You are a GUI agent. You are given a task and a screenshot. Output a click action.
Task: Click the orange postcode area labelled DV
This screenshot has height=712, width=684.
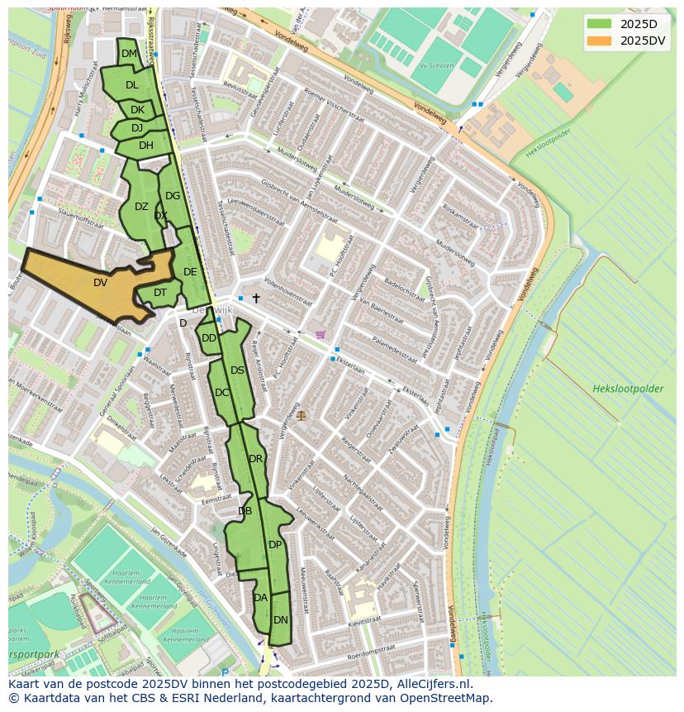pyautogui.click(x=100, y=283)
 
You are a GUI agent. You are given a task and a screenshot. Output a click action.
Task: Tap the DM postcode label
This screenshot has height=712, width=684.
pyautogui.click(x=129, y=54)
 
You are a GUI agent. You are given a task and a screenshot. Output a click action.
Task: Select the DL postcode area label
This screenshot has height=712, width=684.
pyautogui.click(x=132, y=84)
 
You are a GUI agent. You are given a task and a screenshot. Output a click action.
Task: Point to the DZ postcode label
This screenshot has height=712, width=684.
pyautogui.click(x=141, y=207)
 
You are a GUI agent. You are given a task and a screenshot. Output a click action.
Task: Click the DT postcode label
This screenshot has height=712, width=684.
pyautogui.click(x=160, y=292)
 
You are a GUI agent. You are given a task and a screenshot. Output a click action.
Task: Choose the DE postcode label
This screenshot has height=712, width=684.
pyautogui.click(x=190, y=271)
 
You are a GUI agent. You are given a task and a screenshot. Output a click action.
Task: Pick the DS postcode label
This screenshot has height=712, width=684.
pyautogui.click(x=237, y=370)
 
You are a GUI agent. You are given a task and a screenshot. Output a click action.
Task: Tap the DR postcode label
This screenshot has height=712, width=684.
pyautogui.click(x=255, y=459)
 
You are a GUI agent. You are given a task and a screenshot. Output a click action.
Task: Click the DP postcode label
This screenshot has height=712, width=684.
pyautogui.click(x=275, y=544)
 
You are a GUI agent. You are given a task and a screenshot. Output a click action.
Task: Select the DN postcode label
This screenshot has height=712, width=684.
pyautogui.click(x=281, y=619)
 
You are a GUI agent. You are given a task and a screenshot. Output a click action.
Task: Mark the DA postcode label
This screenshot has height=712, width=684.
pyautogui.click(x=261, y=597)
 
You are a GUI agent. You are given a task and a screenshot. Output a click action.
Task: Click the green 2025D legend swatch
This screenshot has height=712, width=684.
pyautogui.click(x=600, y=23)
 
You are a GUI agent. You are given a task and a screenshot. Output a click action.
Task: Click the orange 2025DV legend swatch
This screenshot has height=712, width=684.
pyautogui.click(x=600, y=41)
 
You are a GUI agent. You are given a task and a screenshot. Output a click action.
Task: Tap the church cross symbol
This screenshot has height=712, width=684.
pyautogui.click(x=256, y=298)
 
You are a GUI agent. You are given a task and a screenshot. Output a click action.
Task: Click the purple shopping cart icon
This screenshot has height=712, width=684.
pyautogui.click(x=321, y=335)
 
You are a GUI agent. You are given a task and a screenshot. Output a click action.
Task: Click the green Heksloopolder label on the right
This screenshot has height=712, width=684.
pyautogui.click(x=627, y=388)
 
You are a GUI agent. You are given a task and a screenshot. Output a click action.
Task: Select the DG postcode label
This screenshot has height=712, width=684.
pyautogui.click(x=173, y=196)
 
